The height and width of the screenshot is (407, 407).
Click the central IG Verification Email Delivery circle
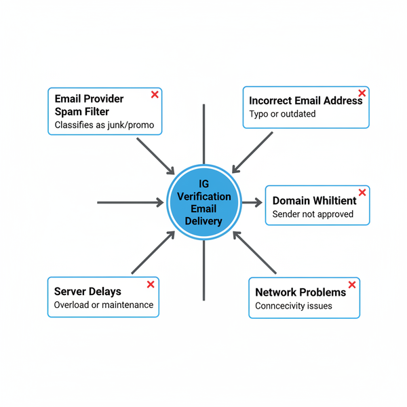[203, 202]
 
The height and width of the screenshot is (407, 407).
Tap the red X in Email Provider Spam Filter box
[155, 95]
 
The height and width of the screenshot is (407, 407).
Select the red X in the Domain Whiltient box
[362, 193]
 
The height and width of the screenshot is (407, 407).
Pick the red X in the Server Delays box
[149, 285]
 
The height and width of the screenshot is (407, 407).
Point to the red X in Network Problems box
[351, 285]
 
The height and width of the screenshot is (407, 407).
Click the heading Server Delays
[88, 292]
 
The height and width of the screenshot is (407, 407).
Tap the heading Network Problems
[301, 292]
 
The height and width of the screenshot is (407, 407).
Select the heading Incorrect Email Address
[305, 100]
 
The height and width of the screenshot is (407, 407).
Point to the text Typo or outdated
[282, 114]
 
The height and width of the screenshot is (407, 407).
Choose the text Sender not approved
[313, 214]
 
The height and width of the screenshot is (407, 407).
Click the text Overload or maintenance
[104, 305]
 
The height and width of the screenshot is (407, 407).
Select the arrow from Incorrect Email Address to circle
[252, 152]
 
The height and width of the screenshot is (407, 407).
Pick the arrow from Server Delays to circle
[153, 252]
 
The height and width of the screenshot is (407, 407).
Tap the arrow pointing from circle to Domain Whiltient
[252, 202]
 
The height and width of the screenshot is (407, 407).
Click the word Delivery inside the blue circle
[203, 221]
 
